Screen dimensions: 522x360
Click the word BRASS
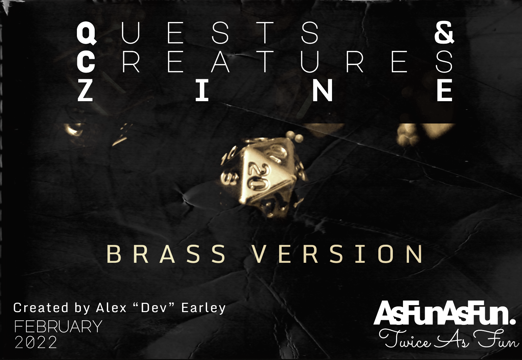coord(166,255)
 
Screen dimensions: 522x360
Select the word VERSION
coord(338,255)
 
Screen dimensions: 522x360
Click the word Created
coord(41,307)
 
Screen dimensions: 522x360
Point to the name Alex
coord(111,307)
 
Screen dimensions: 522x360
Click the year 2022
coord(36,342)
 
